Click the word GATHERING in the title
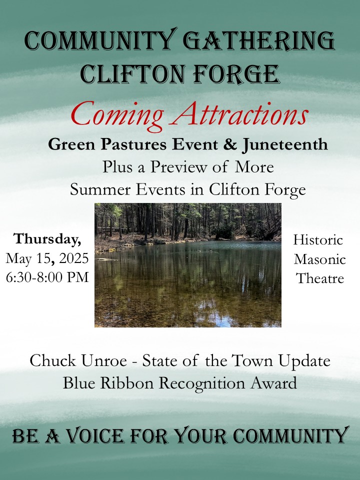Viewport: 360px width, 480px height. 258,40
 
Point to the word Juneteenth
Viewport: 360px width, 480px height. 285,144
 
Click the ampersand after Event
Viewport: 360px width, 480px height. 230,144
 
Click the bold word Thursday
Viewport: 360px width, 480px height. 47,239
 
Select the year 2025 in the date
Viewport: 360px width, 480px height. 74,258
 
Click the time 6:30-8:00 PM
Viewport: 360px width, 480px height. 47,277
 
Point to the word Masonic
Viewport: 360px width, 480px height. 320,259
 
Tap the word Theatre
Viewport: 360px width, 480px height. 320,278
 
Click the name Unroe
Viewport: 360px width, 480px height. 104,360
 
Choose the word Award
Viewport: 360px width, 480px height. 273,383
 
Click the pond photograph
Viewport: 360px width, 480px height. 187,265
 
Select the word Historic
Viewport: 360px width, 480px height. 318,239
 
